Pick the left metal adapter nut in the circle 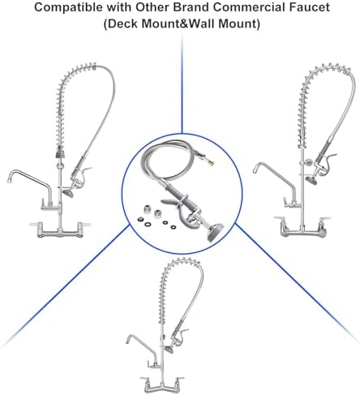tap(147, 210)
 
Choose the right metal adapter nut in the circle tap(158, 214)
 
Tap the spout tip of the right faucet tap(255, 170)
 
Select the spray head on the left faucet tap(68, 193)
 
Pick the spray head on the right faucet tap(311, 180)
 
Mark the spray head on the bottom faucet tap(169, 350)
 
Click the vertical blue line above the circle tap(182, 84)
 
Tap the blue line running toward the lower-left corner tap(64, 286)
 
